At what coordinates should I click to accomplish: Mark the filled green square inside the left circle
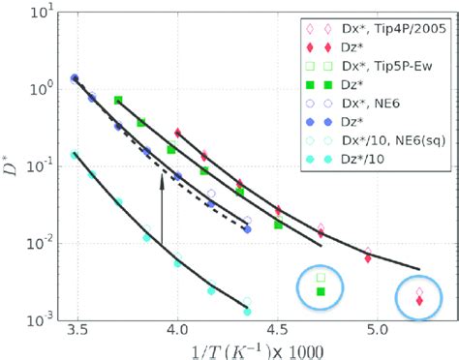321,291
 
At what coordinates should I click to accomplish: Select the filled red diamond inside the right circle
419,301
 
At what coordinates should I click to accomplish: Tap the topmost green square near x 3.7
118,101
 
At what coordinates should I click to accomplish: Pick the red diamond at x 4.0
177,133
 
